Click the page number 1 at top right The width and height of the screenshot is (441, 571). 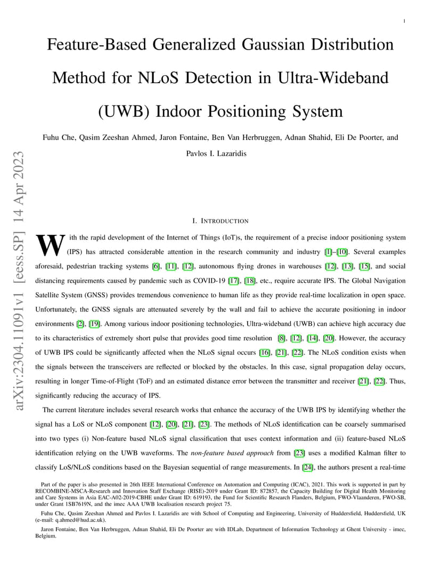tap(404, 21)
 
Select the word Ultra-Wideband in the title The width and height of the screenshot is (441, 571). tap(333, 78)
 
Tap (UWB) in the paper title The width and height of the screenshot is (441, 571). tap(124, 111)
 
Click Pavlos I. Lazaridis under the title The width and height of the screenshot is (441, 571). tap(216, 154)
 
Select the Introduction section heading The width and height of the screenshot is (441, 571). tap(220, 221)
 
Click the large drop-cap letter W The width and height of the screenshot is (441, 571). tap(51, 245)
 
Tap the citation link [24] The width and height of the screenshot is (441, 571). tap(308, 468)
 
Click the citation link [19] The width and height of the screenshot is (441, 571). tap(94, 324)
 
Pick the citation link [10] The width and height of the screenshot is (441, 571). tap(342, 252)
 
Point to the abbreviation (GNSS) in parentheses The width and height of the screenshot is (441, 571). tap(96, 295)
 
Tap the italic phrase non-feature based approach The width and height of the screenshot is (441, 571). tap(232, 453)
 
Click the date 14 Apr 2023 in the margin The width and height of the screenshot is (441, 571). tap(19, 186)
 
